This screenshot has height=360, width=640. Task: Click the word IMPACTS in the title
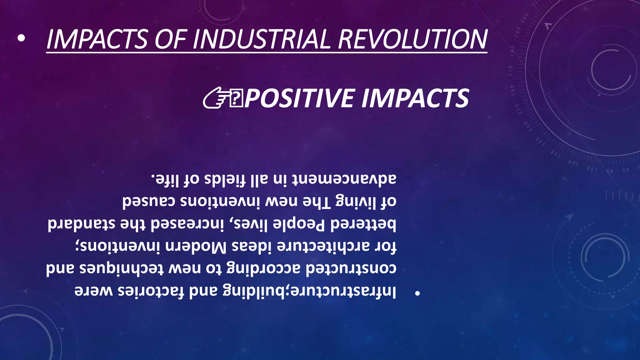tap(97, 39)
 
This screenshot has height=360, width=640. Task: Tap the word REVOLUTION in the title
tap(412, 39)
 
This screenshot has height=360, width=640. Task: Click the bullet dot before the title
tap(21, 38)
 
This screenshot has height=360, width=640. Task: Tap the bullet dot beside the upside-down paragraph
tap(417, 293)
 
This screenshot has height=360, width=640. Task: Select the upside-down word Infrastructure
tap(344, 291)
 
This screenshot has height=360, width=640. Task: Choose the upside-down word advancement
tap(344, 179)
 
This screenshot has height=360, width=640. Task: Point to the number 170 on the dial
tap(511, 71)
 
